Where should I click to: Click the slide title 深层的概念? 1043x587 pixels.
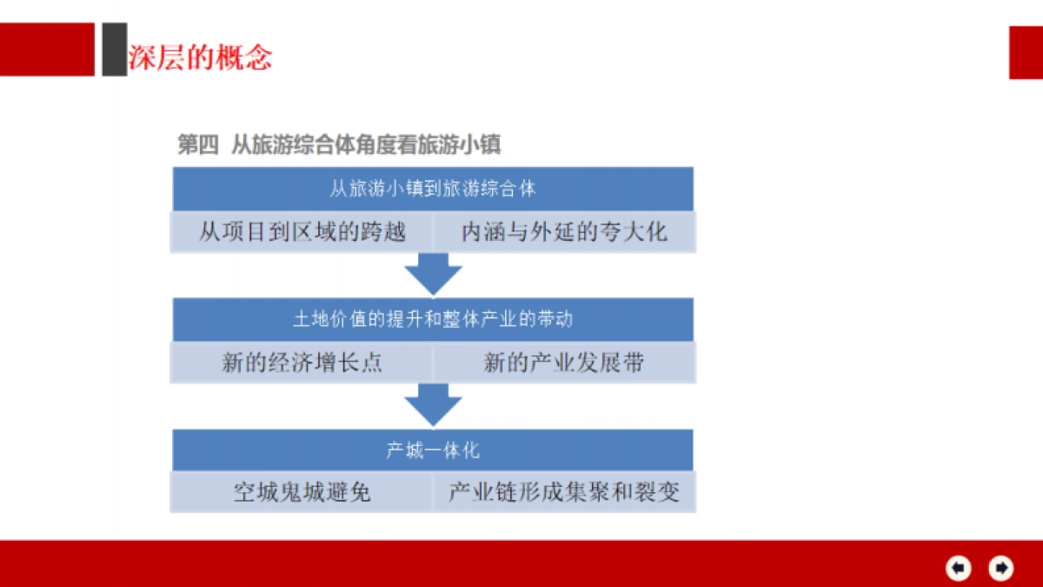(200, 57)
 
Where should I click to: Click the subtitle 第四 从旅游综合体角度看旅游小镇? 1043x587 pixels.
(339, 144)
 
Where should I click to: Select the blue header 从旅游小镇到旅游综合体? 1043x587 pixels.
(433, 189)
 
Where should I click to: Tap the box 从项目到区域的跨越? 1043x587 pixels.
(302, 232)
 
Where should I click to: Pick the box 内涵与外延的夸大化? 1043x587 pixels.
(564, 232)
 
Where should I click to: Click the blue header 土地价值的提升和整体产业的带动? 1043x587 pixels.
(433, 319)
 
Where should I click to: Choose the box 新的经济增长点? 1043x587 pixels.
(302, 363)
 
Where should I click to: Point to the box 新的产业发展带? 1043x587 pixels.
(564, 363)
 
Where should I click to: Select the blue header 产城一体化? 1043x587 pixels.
(433, 450)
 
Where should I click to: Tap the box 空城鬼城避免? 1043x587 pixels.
(302, 493)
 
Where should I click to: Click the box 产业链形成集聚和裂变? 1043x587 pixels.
(564, 493)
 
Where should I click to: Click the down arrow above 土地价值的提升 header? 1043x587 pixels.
(433, 274)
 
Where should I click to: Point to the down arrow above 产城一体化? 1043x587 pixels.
(433, 405)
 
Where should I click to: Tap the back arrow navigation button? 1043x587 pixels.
(958, 568)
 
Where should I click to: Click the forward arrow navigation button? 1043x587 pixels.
(1001, 568)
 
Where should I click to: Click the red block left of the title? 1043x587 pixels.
(47, 50)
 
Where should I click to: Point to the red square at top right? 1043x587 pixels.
(1026, 52)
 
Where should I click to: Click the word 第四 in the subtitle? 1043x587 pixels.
(197, 144)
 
